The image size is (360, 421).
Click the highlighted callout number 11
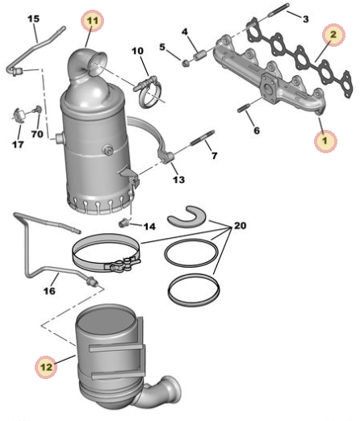coord(93,21)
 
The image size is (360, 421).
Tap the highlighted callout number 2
coord(333,35)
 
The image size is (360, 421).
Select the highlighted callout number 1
coord(325,140)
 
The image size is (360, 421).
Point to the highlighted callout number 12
coord(46,367)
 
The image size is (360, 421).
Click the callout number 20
coord(240,225)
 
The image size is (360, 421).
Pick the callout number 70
coord(37,134)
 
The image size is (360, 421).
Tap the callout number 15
coord(34,19)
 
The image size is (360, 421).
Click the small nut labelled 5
coord(185,64)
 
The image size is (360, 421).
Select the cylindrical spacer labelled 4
coord(199,56)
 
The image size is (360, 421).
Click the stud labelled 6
coord(244,109)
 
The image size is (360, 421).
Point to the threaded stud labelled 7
coord(203,137)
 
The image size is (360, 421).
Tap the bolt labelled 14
coord(124,223)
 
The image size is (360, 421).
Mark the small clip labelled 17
coord(19,115)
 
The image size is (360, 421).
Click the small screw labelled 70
coord(37,109)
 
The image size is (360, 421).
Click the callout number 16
coord(49,290)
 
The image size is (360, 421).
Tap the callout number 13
coord(179,179)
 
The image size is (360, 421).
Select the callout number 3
coord(306,19)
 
